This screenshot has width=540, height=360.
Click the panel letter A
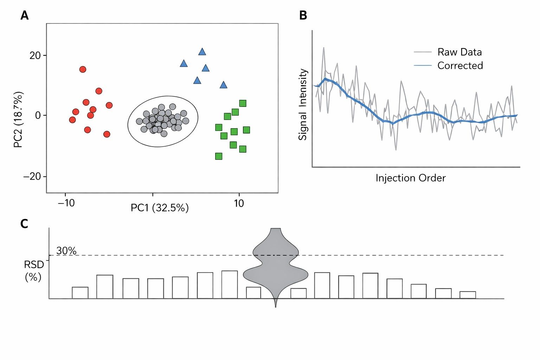pos(24,15)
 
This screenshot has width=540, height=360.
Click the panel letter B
pos(303,15)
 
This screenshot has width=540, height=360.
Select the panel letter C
pos(24,224)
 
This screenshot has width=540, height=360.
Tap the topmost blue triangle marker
pos(202,52)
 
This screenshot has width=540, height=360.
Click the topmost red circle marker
pos(83,69)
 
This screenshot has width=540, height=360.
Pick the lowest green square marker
pos(219,156)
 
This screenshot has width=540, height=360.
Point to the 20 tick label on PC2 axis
pos(35,56)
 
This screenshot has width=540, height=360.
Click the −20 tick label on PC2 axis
pos(32,176)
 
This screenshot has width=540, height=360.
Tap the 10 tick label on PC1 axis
pos(239,204)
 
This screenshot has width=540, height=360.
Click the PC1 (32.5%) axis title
pos(160,208)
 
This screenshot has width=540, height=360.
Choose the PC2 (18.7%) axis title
pos(18,120)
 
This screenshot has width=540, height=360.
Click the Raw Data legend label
pos(459,52)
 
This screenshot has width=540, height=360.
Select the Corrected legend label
pos(460,65)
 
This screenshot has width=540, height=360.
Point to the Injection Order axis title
pos(410,178)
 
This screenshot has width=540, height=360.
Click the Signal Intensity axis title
pos(303,104)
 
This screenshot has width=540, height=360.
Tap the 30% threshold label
pos(66,251)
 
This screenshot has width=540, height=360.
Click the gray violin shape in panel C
pos(276,267)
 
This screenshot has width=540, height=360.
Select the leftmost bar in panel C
pos(80,293)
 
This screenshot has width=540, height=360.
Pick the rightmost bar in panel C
pos(468,295)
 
